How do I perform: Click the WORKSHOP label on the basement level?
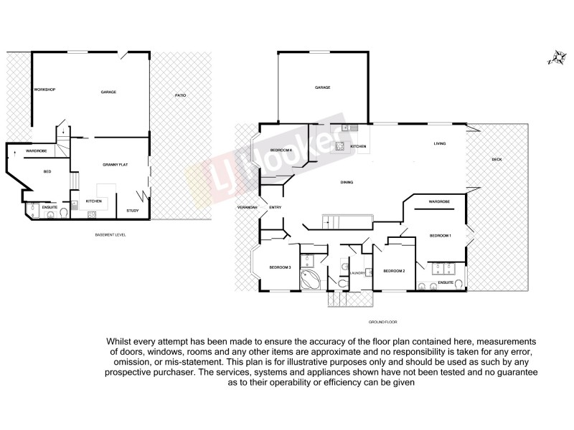pyautogui.click(x=44, y=90)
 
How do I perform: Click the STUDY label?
pyautogui.click(x=132, y=210)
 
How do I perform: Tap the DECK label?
pyautogui.click(x=496, y=159)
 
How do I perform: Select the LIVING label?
pyautogui.click(x=440, y=144)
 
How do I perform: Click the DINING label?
pyautogui.click(x=347, y=183)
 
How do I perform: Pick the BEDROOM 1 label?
pyautogui.click(x=440, y=235)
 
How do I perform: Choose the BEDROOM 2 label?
pyautogui.click(x=394, y=270)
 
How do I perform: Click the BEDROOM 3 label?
pyautogui.click(x=280, y=267)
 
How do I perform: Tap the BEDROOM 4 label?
pyautogui.click(x=281, y=149)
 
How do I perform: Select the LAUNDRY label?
pyautogui.click(x=357, y=273)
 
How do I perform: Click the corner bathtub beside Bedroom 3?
pyautogui.click(x=311, y=279)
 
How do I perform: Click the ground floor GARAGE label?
pyautogui.click(x=322, y=87)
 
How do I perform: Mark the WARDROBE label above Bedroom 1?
pyautogui.click(x=439, y=202)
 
